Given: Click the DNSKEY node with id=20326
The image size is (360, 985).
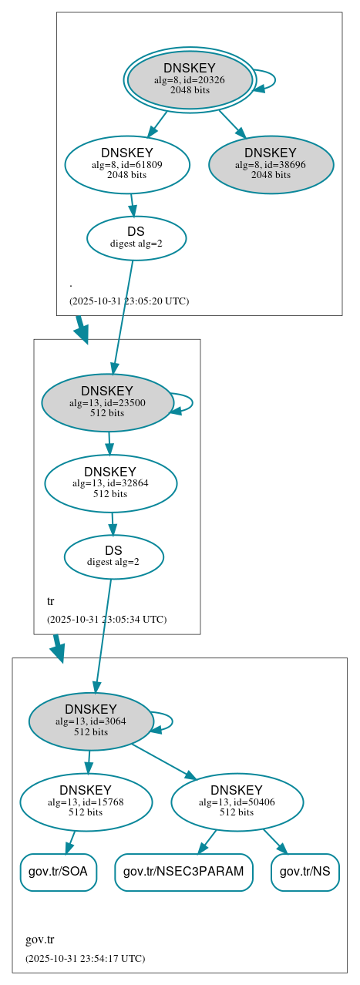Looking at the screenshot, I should coord(189,79).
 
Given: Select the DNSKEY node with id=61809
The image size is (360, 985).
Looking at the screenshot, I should coord(127,164).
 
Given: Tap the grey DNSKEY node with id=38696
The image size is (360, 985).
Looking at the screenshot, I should coord(271,164).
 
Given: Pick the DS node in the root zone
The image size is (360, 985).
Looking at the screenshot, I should coord(136,237).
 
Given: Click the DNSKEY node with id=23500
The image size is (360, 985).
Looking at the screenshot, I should coord(107,402).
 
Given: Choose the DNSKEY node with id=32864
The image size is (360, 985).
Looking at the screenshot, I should coord(110,483).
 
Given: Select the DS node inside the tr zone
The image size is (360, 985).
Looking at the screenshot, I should coord(113,556).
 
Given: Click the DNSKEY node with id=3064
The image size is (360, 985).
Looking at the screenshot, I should coord(91,721).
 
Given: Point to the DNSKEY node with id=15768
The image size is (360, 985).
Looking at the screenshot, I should coord(86,802).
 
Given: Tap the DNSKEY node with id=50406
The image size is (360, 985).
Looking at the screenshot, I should coord(237,802).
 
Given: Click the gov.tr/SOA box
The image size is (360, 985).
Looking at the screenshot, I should coord(58,872).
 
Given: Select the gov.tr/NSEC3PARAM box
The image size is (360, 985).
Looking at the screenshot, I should coord(183,872).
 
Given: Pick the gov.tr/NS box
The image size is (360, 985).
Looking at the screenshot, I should coord(305,872).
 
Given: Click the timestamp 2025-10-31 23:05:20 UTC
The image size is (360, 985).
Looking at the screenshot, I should coord(129,301).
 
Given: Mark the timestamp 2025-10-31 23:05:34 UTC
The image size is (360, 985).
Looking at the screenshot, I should coord(106,619).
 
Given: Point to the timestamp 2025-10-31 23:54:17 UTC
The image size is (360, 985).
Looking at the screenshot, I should coord(85,958).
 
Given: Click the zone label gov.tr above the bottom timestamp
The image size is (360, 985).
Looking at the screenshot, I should coord(39,940).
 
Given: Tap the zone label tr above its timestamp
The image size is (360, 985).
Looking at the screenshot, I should coord(51,601).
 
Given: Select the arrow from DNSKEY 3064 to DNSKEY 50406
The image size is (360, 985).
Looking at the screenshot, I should coord(163,761).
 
